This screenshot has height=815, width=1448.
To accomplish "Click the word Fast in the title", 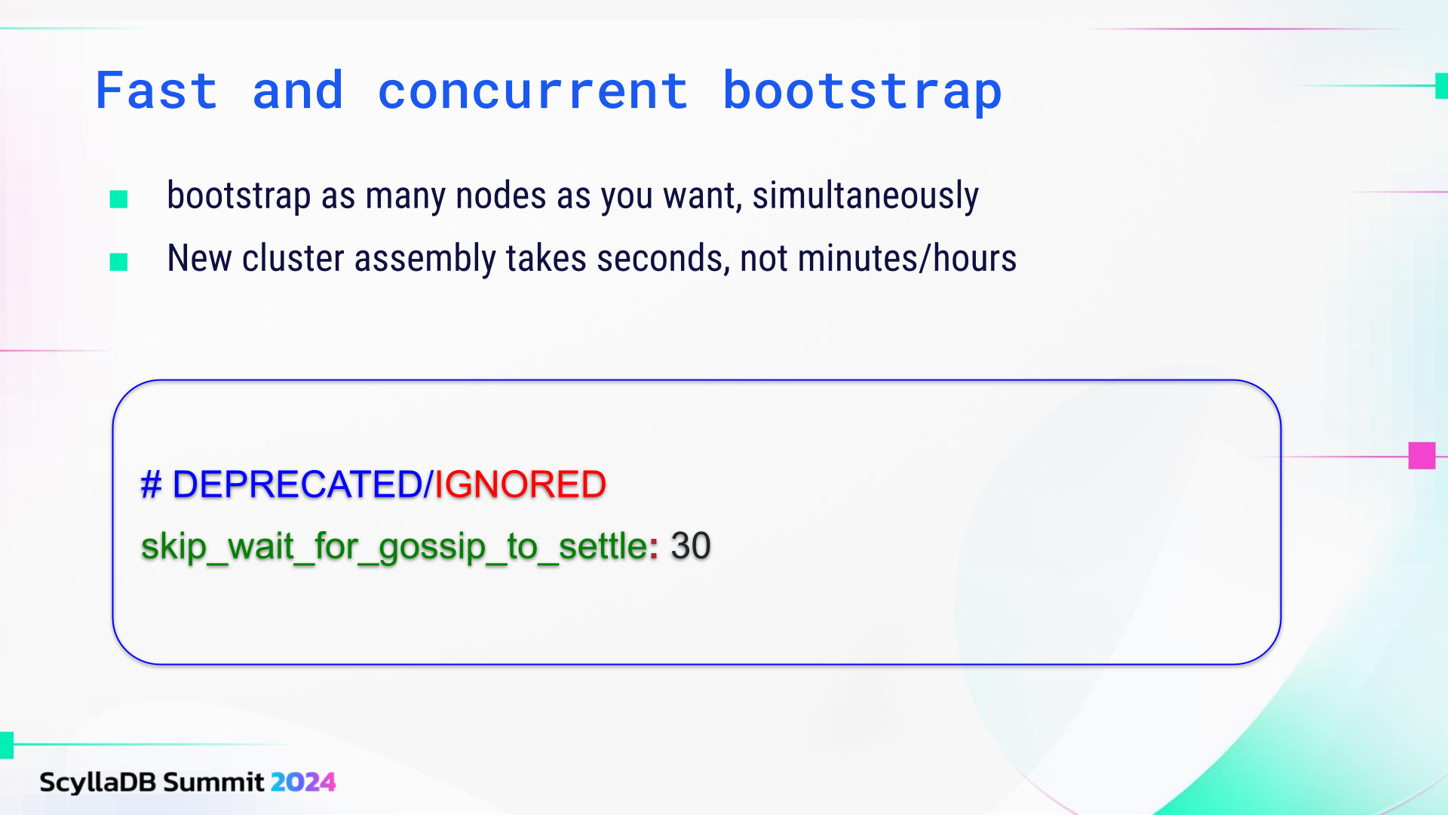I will point(157,91).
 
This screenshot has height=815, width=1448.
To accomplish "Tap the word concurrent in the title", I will point(532,91).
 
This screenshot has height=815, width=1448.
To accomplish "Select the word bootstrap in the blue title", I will point(862,92).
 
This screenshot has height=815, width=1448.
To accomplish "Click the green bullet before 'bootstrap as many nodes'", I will point(118,199).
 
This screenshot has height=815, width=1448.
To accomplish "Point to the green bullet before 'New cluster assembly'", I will point(118,262).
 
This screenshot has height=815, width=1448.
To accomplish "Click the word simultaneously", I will point(865,196).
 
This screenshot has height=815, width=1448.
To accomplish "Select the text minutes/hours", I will point(907,259).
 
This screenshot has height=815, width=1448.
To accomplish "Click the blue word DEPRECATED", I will point(297,484).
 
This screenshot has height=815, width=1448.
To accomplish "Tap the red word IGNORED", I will point(520,484).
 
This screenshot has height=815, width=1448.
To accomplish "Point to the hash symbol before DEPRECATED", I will point(151,484).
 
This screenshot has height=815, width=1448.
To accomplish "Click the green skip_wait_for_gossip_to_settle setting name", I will point(394,546).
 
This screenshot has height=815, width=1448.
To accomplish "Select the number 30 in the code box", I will point(691,546).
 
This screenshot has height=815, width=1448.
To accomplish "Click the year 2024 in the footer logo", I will point(302,783).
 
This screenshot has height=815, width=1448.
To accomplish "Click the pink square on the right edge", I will point(1422,456).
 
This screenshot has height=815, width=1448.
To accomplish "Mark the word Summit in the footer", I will point(213,783).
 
